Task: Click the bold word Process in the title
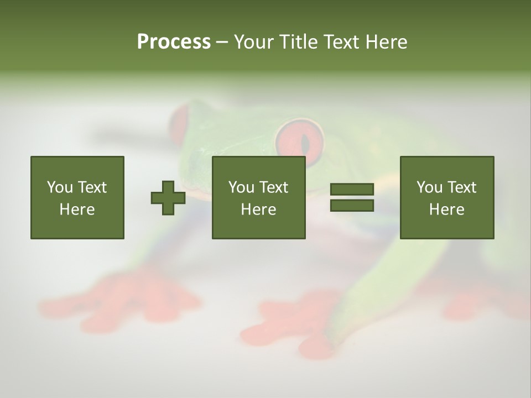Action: coord(174,42)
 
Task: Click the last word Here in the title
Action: coord(386,42)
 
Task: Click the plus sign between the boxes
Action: coord(168,198)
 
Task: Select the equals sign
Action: coord(352,198)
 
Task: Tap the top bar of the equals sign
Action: coord(352,190)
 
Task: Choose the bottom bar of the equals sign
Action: coord(352,206)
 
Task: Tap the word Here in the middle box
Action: coord(258,210)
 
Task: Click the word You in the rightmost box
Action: coord(429,187)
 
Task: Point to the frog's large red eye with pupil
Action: coord(300,142)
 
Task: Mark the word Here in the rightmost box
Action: coord(446,210)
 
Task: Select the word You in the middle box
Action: coord(241,187)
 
